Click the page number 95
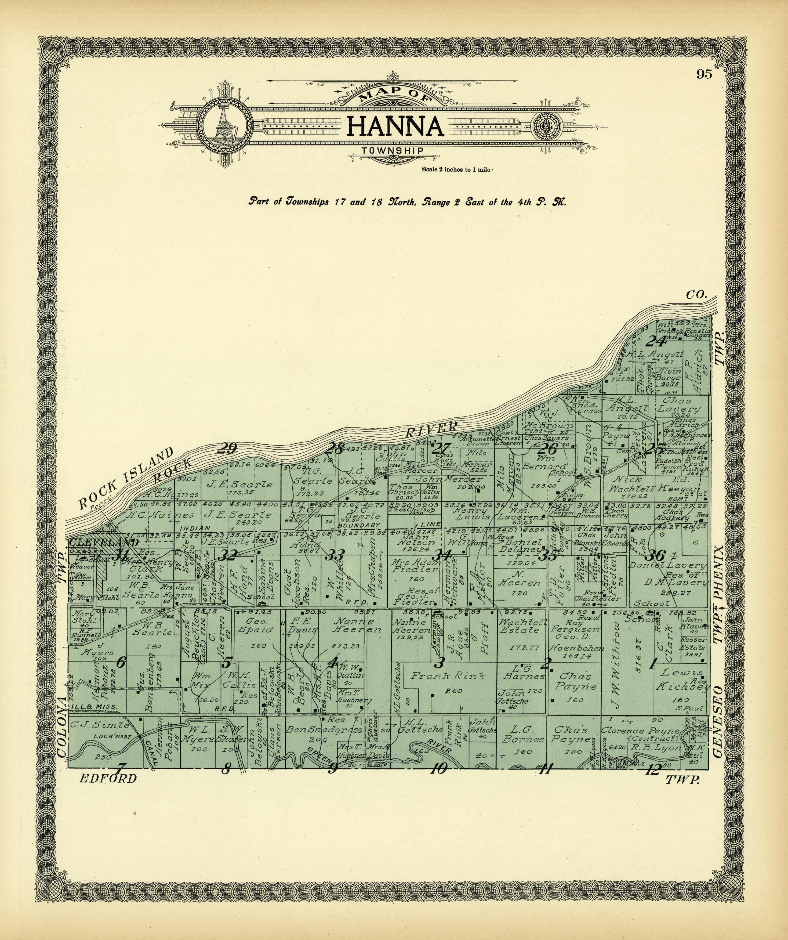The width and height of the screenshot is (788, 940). click(704, 74)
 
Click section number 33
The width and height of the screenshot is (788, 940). click(335, 556)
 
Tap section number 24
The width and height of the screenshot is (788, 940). click(656, 341)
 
